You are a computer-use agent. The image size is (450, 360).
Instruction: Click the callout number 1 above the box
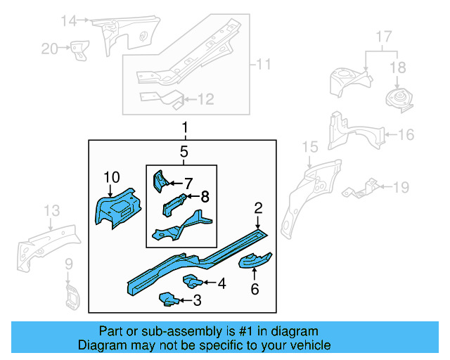click(x=185, y=128)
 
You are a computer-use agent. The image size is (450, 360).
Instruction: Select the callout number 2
click(x=258, y=207)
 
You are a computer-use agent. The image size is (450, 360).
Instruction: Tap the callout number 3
click(x=197, y=301)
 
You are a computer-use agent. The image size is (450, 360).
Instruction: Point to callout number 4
click(x=221, y=284)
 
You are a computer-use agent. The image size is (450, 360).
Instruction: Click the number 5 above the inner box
click(x=183, y=151)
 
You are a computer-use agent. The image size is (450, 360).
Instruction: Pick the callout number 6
click(x=255, y=289)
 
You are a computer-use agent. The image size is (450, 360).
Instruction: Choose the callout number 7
click(x=188, y=183)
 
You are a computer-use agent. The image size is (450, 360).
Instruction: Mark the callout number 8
click(x=205, y=197)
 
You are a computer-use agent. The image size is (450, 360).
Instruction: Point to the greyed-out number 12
click(x=205, y=100)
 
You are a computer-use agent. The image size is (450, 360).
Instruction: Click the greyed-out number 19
click(x=400, y=187)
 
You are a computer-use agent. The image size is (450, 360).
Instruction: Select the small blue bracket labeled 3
click(x=167, y=300)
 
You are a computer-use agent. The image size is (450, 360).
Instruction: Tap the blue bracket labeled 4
click(x=192, y=282)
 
